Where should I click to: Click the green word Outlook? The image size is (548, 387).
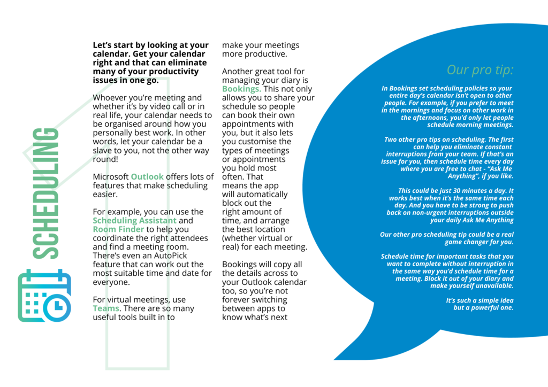coord(147,177)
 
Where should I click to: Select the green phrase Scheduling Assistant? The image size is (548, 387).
coord(134,221)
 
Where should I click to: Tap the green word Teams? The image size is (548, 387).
coord(105,308)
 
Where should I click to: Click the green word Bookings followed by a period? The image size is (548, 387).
coord(241,89)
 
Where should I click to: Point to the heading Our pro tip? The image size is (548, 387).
coord(480,69)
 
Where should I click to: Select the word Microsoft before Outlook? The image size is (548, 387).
coord(111,177)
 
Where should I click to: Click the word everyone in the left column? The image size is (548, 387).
coord(111,282)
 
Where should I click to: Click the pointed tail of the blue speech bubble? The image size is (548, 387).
coord(342,353)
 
